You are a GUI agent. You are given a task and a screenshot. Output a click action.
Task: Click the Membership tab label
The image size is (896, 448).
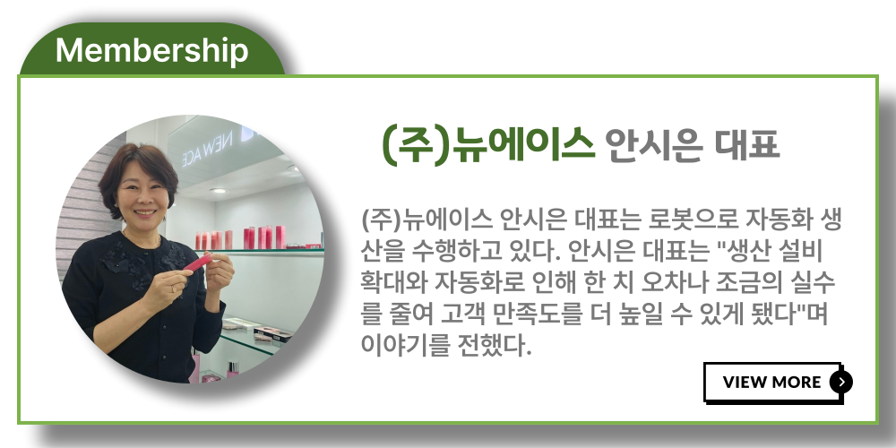(152, 51)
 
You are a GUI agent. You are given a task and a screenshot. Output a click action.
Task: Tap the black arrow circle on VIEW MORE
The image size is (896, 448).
(841, 382)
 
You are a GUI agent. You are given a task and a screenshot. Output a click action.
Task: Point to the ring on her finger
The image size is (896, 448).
(173, 289)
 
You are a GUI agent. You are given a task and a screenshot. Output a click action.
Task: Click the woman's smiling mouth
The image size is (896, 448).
(144, 212)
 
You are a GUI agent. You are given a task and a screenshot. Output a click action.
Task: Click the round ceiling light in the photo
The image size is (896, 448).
(218, 190)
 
